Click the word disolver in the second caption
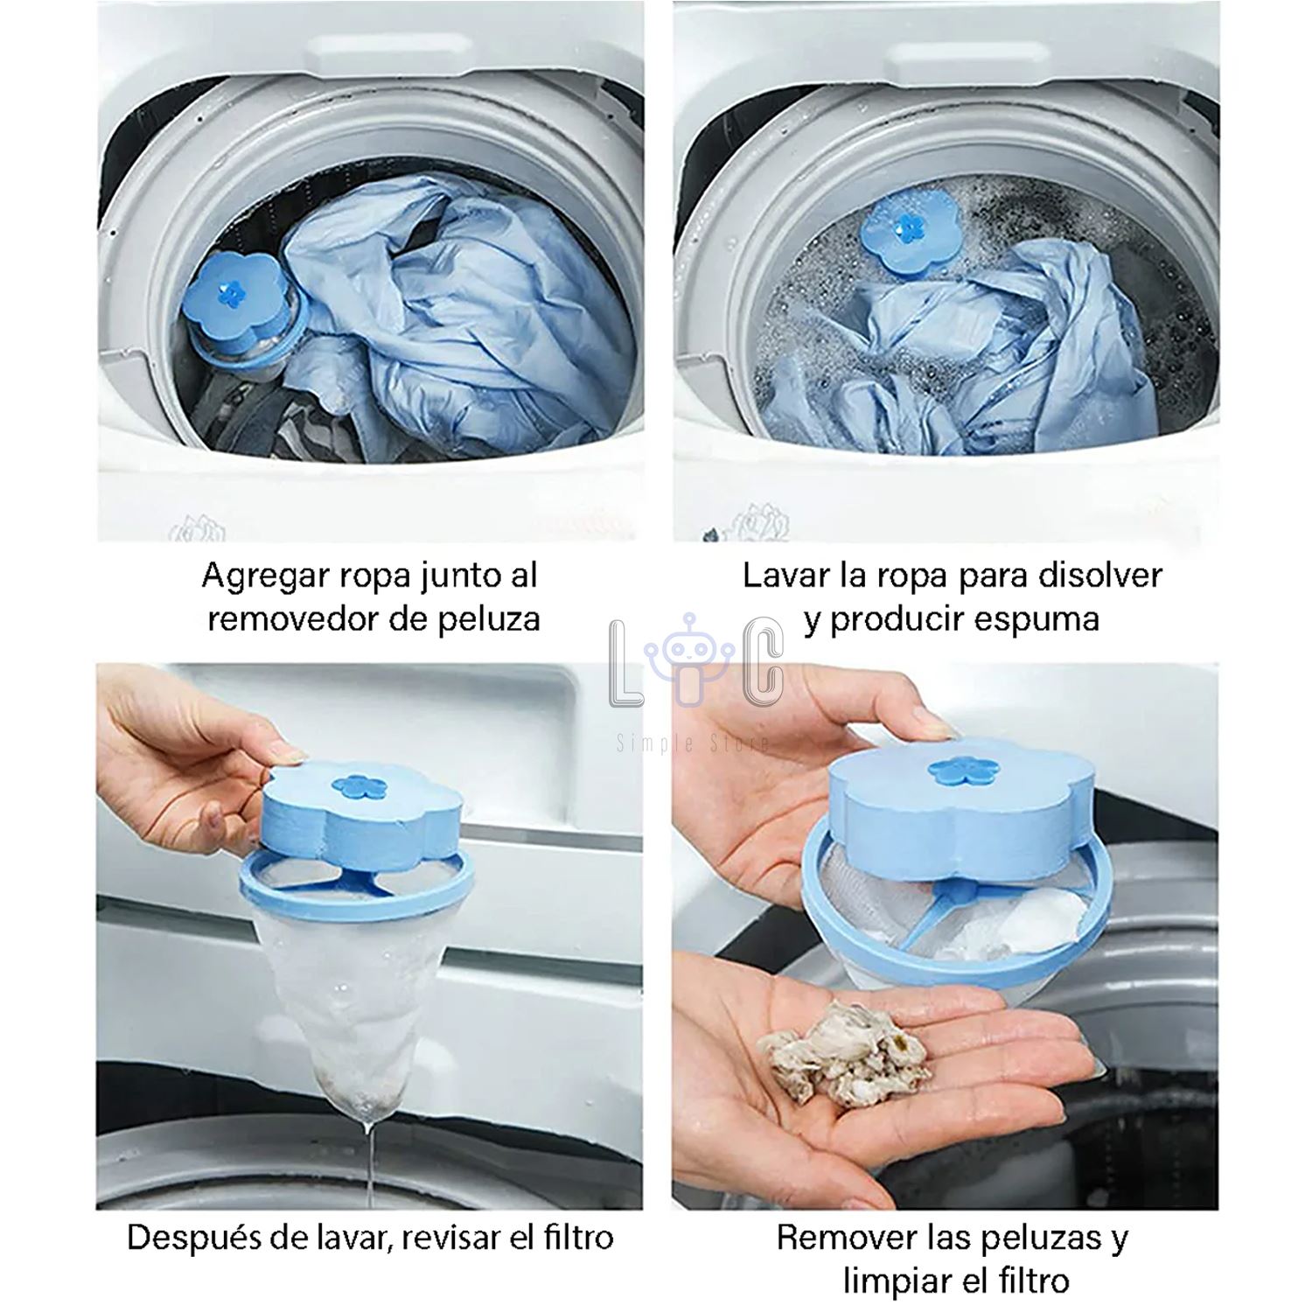coord(1100,576)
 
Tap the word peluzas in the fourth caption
coord(1047,1239)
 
